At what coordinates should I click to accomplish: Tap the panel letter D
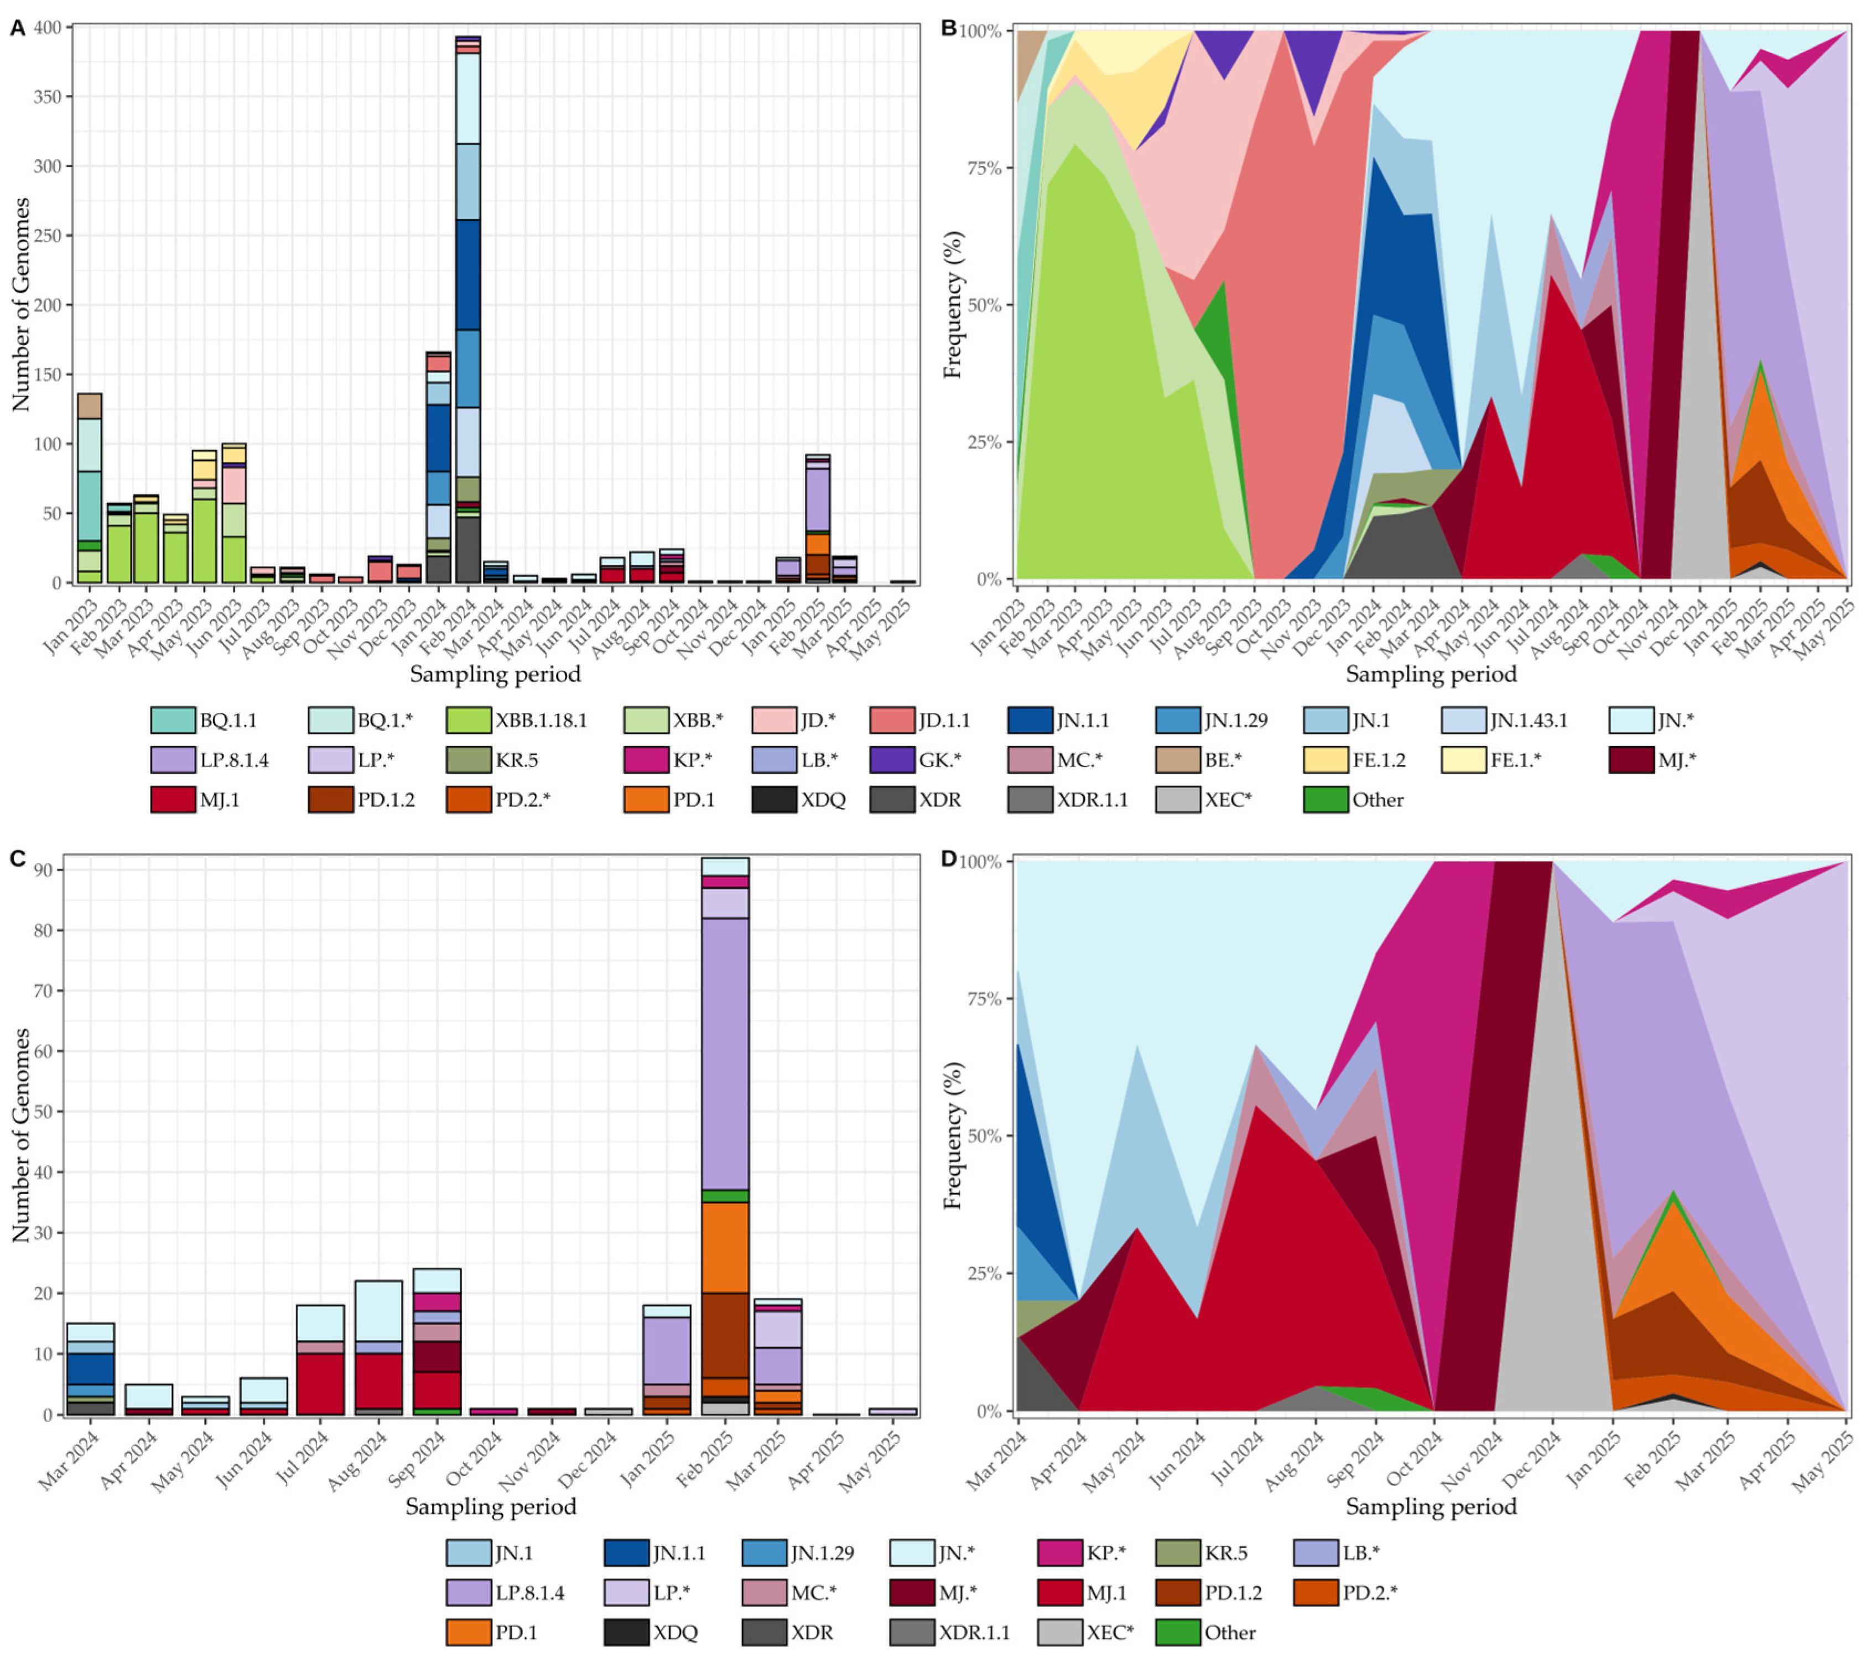[x=949, y=858]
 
